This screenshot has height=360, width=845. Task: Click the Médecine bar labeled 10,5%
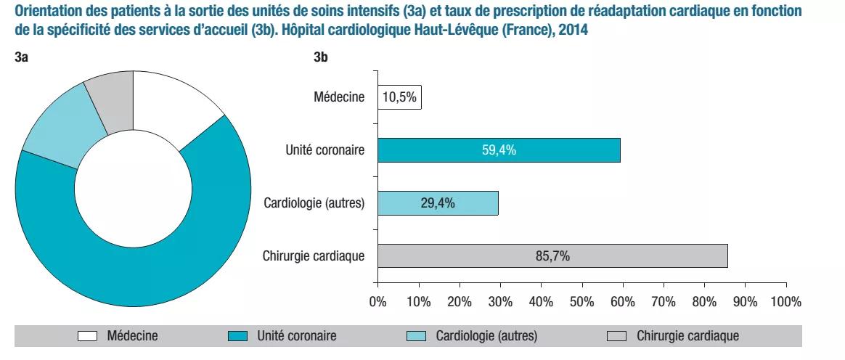pos(399,98)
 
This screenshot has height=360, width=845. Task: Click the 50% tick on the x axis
pos(581,301)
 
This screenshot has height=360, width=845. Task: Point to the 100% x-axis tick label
pos(785,301)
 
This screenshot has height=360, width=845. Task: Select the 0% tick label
pos(377,301)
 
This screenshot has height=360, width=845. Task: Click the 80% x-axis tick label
pos(704,301)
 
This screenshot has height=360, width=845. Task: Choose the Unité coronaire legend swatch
pos(238,336)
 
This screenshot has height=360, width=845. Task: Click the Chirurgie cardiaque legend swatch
pos(616,336)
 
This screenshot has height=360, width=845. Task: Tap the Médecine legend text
pos(132,336)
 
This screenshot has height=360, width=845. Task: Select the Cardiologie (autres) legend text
pos(486,336)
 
